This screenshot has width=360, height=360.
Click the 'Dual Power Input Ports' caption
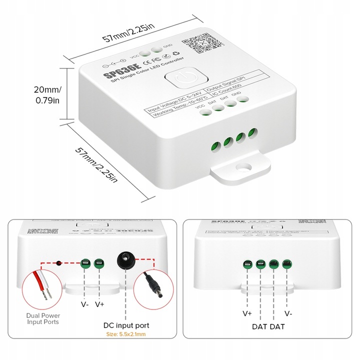pos(43,318)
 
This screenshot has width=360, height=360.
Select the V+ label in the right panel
pos(247,314)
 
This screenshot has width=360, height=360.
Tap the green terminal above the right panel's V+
pos(247,265)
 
